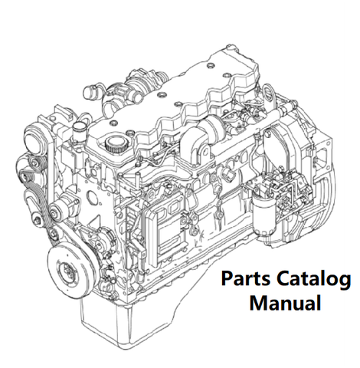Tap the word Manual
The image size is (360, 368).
pos(285,304)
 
